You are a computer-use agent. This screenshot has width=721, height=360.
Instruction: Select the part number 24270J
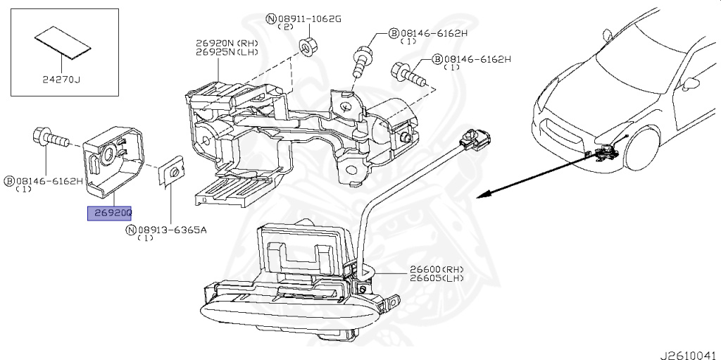60,80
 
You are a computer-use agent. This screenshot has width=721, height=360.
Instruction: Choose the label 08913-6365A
171,230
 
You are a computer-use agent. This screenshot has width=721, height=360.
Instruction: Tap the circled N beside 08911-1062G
271,18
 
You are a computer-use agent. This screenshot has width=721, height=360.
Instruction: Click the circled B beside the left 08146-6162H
10,181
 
